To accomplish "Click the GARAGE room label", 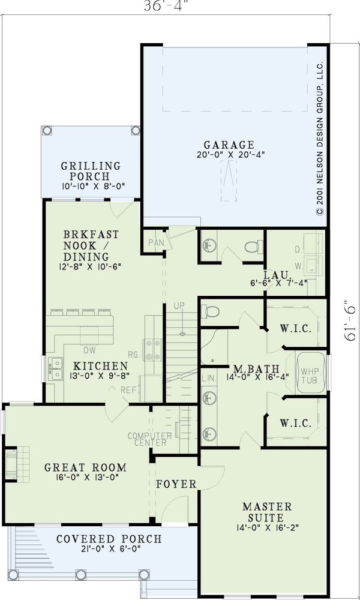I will coord(229,145).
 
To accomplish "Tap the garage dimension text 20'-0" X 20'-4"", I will coord(229,154).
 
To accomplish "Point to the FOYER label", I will coord(176,484).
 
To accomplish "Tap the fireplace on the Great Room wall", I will coord(12,464).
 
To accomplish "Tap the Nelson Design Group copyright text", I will coord(320,138).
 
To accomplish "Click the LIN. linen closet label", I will coord(208,379).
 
